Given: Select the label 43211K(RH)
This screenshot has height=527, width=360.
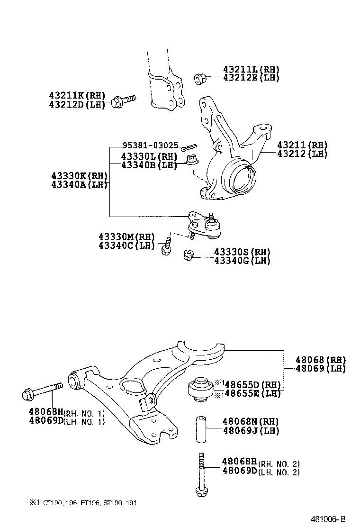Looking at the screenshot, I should pyautogui.click(x=77, y=96).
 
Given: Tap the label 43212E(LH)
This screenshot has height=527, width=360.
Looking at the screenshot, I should pyautogui.click(x=251, y=78).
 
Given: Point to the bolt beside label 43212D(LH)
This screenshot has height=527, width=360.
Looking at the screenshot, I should pyautogui.click(x=123, y=101).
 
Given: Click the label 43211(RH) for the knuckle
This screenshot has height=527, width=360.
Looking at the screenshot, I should pyautogui.click(x=302, y=145).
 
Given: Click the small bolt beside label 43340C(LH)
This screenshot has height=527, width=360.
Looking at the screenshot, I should pyautogui.click(x=166, y=246).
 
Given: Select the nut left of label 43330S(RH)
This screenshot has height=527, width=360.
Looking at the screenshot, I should pyautogui.click(x=188, y=256).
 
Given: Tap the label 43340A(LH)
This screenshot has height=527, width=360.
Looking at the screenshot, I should pyautogui.click(x=78, y=184).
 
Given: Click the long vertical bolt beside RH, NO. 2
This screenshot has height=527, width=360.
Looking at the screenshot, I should pyautogui.click(x=201, y=474).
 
